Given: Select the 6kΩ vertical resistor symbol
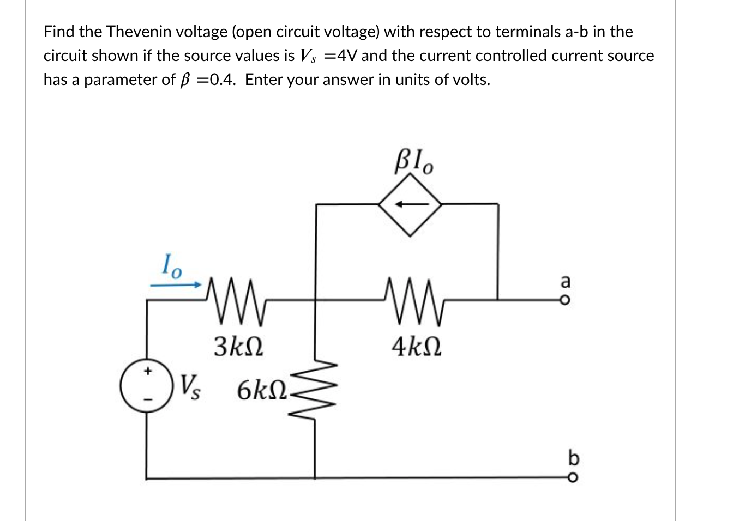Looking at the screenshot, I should click(315, 389).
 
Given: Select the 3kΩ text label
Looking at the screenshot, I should click(238, 346).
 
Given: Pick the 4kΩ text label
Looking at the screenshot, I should click(416, 346).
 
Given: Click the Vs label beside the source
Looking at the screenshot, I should click(190, 387).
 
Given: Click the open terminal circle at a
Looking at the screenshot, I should click(567, 299).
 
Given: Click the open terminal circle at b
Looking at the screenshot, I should click(572, 478).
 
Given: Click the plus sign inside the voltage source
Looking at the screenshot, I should click(146, 372).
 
